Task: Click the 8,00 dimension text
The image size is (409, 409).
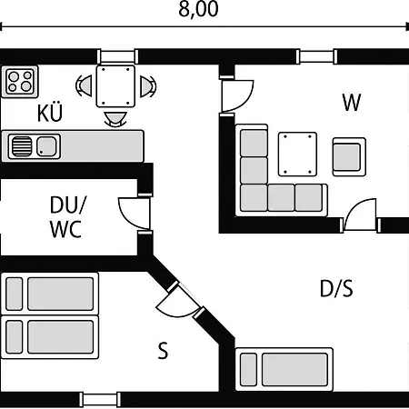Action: pyautogui.click(x=198, y=9)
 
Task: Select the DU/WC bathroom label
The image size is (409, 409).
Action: pyautogui.click(x=66, y=216)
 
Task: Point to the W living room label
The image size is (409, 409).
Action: pyautogui.click(x=352, y=103)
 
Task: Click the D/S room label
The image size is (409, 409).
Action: pyautogui.click(x=336, y=288)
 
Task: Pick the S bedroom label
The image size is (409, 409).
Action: pyautogui.click(x=163, y=351)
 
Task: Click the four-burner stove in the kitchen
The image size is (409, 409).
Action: pyautogui.click(x=20, y=82)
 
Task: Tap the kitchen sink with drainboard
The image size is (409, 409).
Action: pyautogui.click(x=35, y=146)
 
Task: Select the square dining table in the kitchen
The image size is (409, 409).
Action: pyautogui.click(x=115, y=86)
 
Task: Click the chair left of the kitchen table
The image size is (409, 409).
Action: pyautogui.click(x=84, y=86)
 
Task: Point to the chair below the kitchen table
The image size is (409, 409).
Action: pyautogui.click(x=115, y=119)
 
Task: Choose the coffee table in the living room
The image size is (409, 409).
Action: pyautogui.click(x=297, y=155)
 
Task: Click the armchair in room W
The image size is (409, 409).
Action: pyautogui.click(x=349, y=157)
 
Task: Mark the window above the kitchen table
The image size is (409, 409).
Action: pyautogui.click(x=117, y=56)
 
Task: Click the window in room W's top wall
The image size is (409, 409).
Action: pyautogui.click(x=316, y=56)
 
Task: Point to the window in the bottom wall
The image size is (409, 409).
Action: pyautogui.click(x=100, y=400)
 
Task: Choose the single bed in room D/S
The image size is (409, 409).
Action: pyautogui.click(x=284, y=370)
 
